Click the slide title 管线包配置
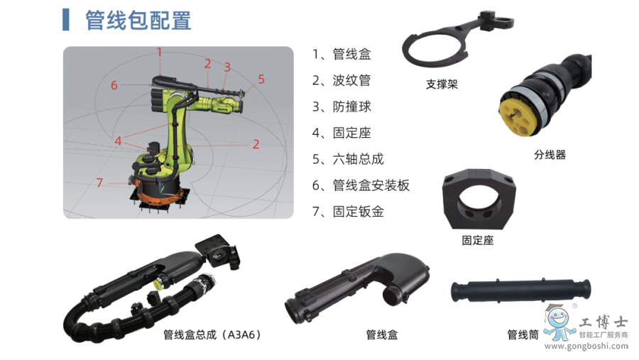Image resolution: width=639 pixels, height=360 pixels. tap(138, 21)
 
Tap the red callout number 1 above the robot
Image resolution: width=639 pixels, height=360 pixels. tap(159, 52)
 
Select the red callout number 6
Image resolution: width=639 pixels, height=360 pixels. tap(114, 85)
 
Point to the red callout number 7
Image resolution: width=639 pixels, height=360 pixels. tap(99, 182)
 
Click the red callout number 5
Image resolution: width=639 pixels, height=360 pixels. tap(261, 79)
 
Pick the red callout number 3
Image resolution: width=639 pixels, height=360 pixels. tap(227, 67)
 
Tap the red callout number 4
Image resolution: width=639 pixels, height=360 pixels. tap(118, 141)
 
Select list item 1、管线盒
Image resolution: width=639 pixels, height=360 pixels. tap(342, 54)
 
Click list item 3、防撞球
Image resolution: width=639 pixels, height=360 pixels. tap(342, 107)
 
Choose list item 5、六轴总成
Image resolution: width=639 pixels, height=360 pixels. tap(348, 159)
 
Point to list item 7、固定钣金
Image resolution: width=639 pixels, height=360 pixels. tap(348, 212)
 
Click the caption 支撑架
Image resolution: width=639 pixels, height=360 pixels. tap(442, 84)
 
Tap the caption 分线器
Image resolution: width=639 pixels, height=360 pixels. tap(550, 155)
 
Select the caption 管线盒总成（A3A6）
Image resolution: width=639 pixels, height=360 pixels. tap(212, 334)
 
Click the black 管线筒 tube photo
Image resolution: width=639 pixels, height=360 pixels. tap(520, 290)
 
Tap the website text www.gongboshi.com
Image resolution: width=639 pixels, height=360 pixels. tap(586, 346)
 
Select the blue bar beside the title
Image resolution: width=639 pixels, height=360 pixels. tap(65, 20)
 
